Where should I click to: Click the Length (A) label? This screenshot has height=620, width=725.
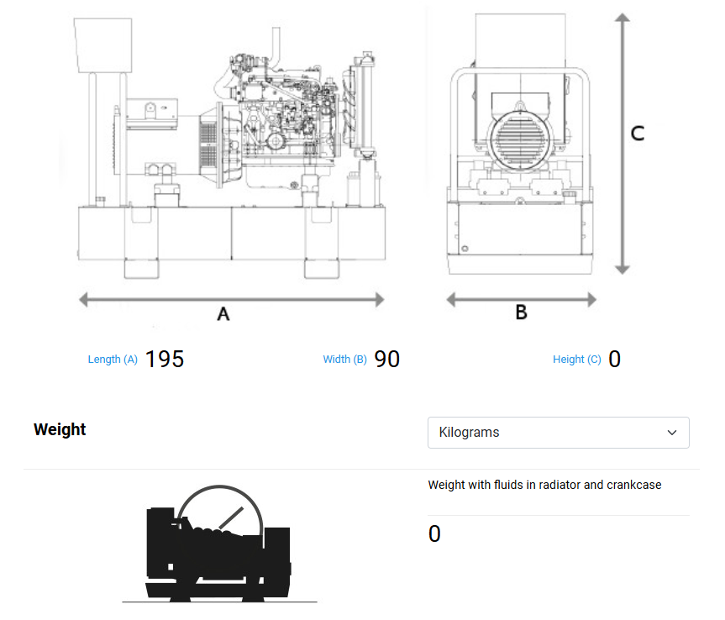pos(113,360)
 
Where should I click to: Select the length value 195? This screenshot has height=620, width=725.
pos(165,359)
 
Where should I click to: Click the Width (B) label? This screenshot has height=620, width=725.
pos(344,360)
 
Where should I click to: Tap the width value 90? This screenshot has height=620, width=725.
pos(387,359)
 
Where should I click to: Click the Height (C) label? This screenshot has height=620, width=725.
pos(576,360)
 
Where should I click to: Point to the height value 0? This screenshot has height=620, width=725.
pos(614,360)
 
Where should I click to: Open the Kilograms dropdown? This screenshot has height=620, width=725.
pos(558,433)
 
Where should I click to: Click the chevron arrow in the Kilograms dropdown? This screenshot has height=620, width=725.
pos(672,433)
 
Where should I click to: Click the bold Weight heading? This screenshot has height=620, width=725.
pos(60,429)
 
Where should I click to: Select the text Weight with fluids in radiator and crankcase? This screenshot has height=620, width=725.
pos(544,485)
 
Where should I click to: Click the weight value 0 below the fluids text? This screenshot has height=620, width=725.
pos(434,534)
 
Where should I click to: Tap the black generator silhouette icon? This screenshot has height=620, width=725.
pos(218,546)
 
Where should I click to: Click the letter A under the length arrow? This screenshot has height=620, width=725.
pos(223,314)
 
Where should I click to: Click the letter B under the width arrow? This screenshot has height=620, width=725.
pos(521,313)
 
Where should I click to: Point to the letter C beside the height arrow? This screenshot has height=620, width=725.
pos(638,133)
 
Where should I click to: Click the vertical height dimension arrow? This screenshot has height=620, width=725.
pos(622,143)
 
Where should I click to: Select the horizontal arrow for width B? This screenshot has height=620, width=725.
pos(521,299)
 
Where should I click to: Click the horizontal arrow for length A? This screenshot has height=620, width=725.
pos(231,299)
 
